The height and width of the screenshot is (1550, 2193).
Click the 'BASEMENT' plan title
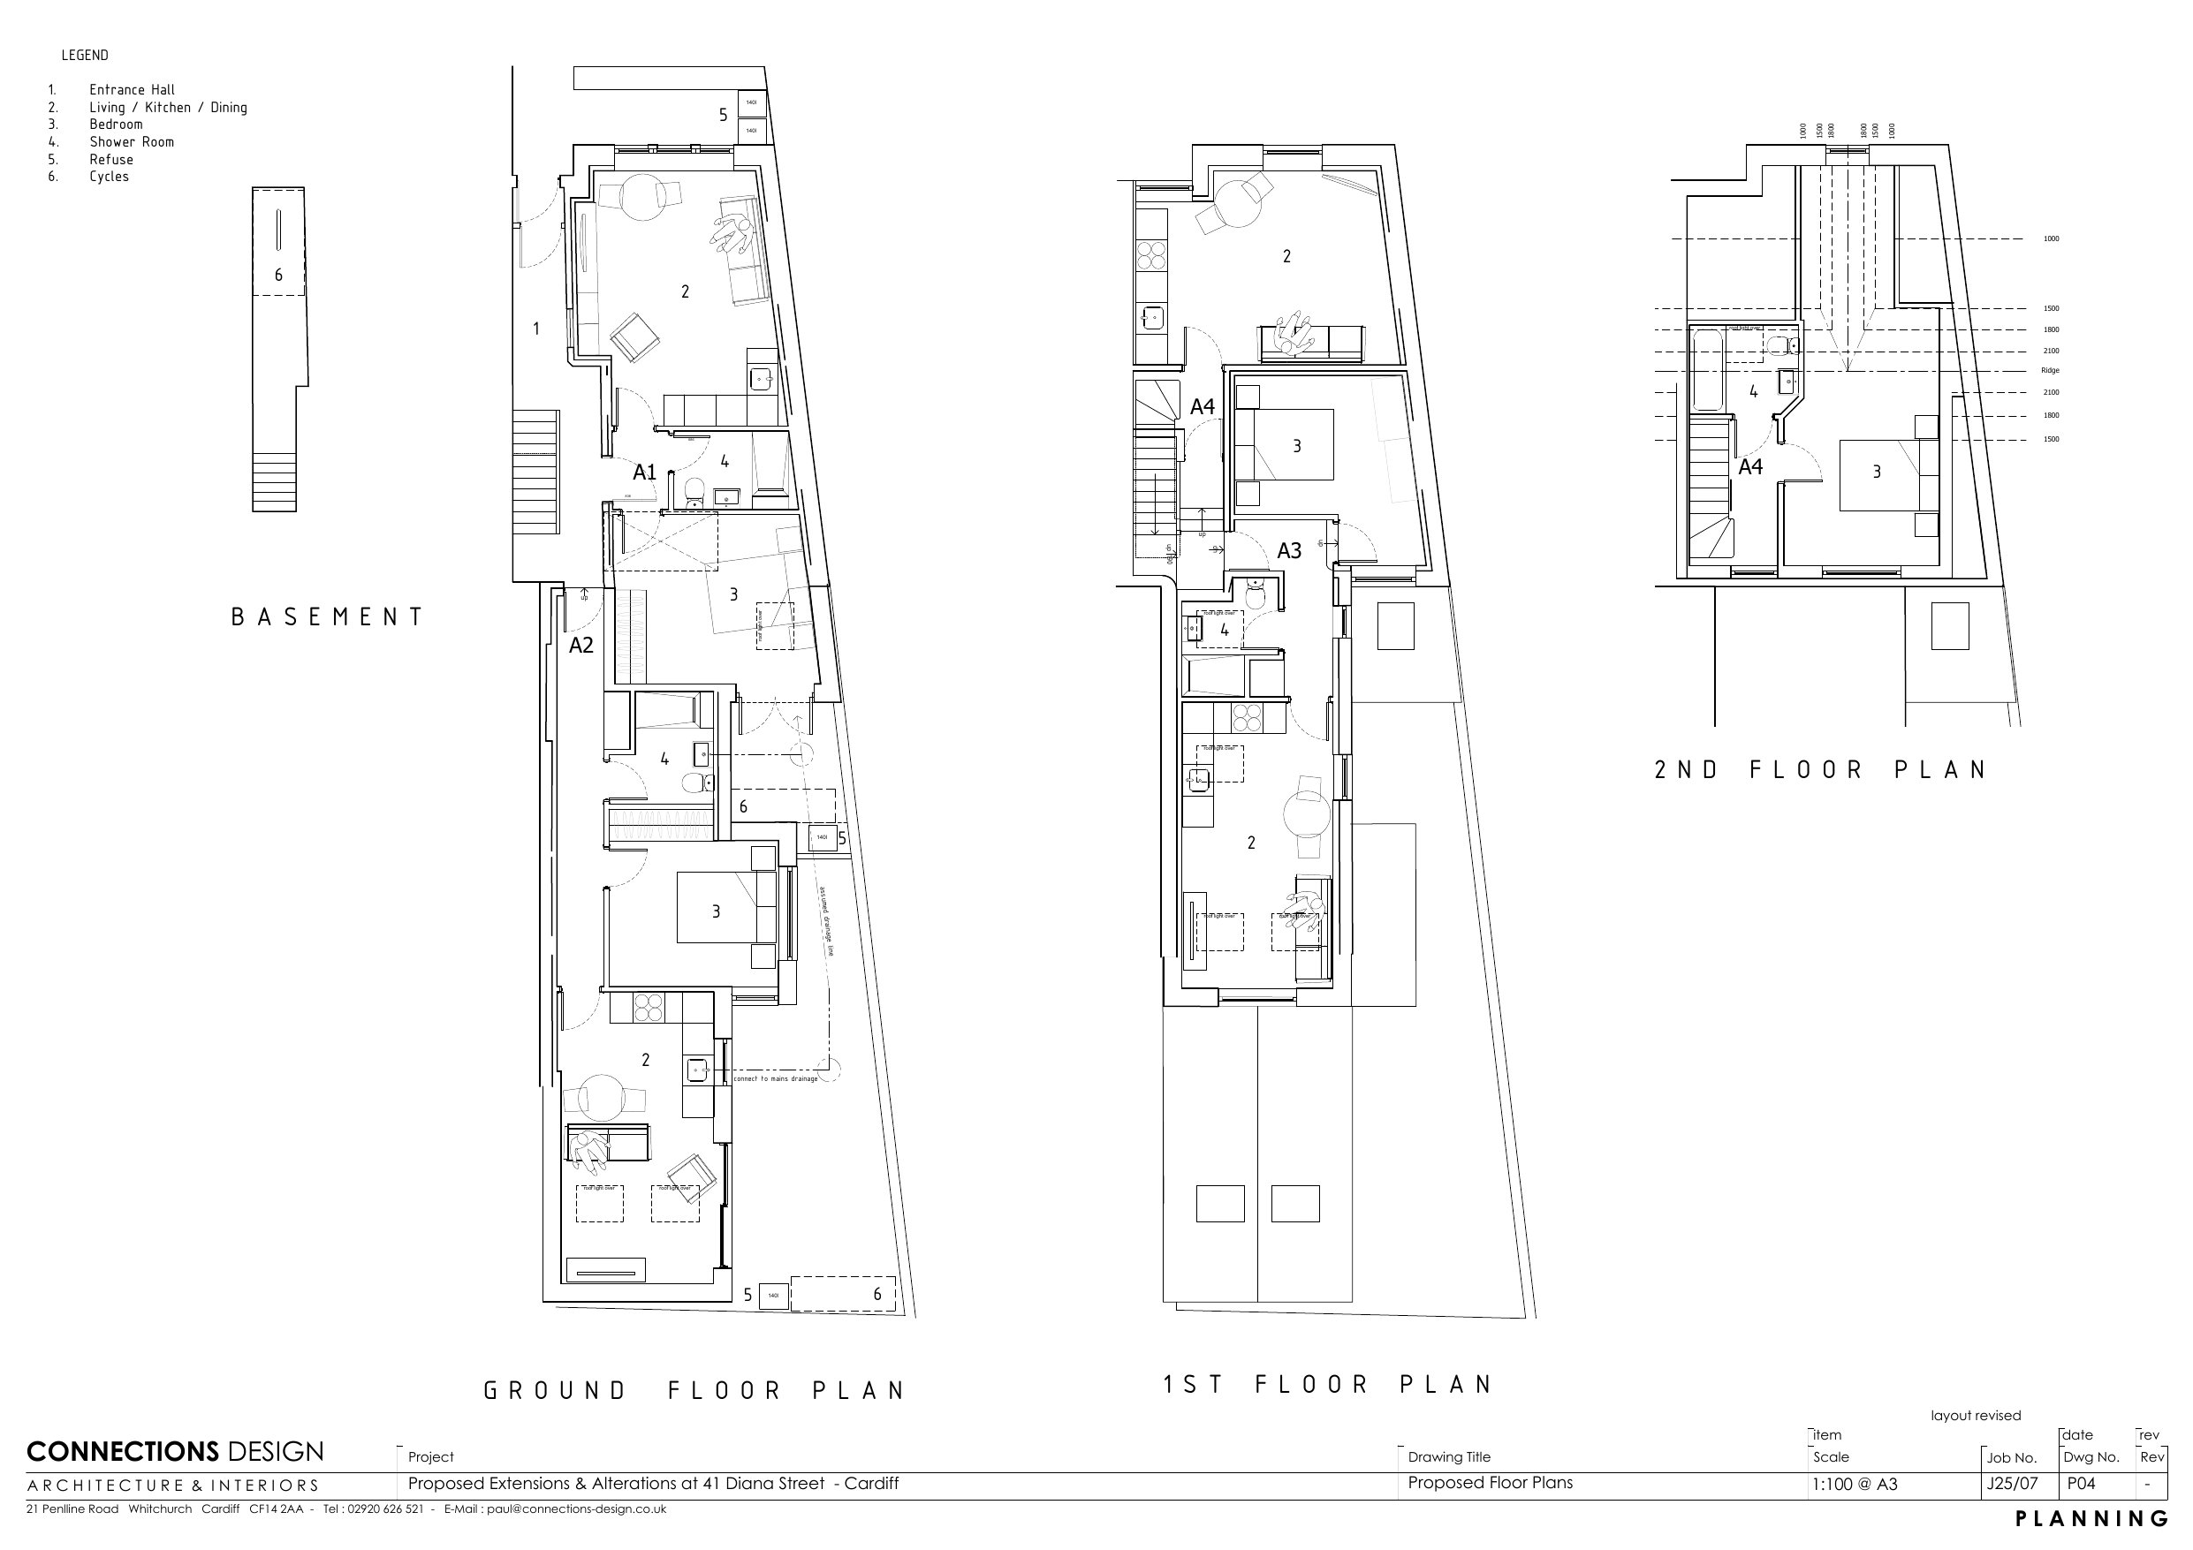coord(328,617)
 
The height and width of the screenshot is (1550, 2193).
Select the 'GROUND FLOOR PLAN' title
coord(694,1390)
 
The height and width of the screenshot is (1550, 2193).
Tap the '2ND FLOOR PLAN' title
coord(1820,770)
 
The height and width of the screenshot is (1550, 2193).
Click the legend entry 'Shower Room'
coord(132,142)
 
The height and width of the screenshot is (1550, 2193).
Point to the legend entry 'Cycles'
coord(109,177)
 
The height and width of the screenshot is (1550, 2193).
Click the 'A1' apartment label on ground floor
coord(645,472)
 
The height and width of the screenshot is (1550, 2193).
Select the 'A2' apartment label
coord(580,646)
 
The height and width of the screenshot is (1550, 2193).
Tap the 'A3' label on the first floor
coord(1288,551)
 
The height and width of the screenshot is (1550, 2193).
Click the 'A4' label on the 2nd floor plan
coord(1749,467)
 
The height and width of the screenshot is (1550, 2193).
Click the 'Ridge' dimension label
coord(2050,371)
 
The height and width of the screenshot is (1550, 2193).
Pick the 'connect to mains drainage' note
coord(776,1079)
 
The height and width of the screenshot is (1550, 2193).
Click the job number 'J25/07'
coord(2013,1484)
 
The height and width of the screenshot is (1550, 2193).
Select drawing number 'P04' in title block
coord(2082,1484)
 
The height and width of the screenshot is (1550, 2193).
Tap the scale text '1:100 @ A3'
coord(1854,1484)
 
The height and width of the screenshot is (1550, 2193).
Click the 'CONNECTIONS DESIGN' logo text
coord(175,1453)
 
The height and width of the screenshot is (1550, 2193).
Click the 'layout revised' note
coord(1976,1416)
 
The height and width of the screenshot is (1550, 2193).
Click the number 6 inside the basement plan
coord(279,275)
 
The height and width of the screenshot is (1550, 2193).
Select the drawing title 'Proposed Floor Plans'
coord(1489,1483)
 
